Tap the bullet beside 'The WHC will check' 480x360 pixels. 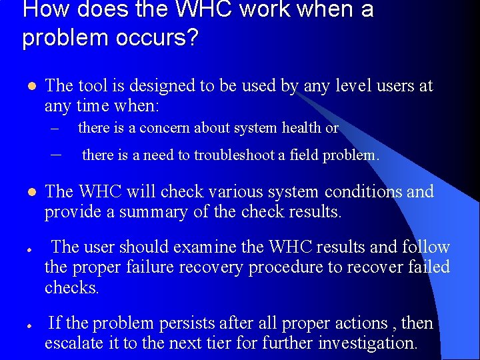pos(27,193)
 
